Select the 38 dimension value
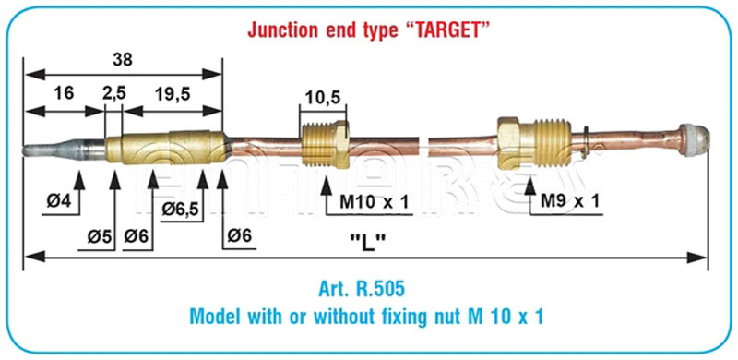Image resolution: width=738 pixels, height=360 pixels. click(123, 59)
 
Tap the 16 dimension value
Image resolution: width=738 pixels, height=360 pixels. click(64, 93)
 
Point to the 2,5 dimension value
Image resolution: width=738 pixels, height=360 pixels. click(114, 93)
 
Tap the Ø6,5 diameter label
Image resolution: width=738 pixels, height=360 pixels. click(181, 208)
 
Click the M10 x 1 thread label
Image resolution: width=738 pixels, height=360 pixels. click(375, 203)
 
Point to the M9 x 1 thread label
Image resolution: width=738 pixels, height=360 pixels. click(569, 201)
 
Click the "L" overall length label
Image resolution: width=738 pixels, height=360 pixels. click(368, 243)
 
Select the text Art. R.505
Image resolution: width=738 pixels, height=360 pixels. click(361, 289)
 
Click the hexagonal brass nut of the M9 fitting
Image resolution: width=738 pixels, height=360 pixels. click(515, 143)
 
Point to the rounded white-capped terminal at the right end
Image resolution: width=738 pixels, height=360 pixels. click(694, 140)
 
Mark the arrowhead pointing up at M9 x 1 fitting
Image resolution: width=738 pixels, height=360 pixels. click(530, 186)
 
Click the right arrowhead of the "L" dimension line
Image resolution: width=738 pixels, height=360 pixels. click(697, 258)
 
